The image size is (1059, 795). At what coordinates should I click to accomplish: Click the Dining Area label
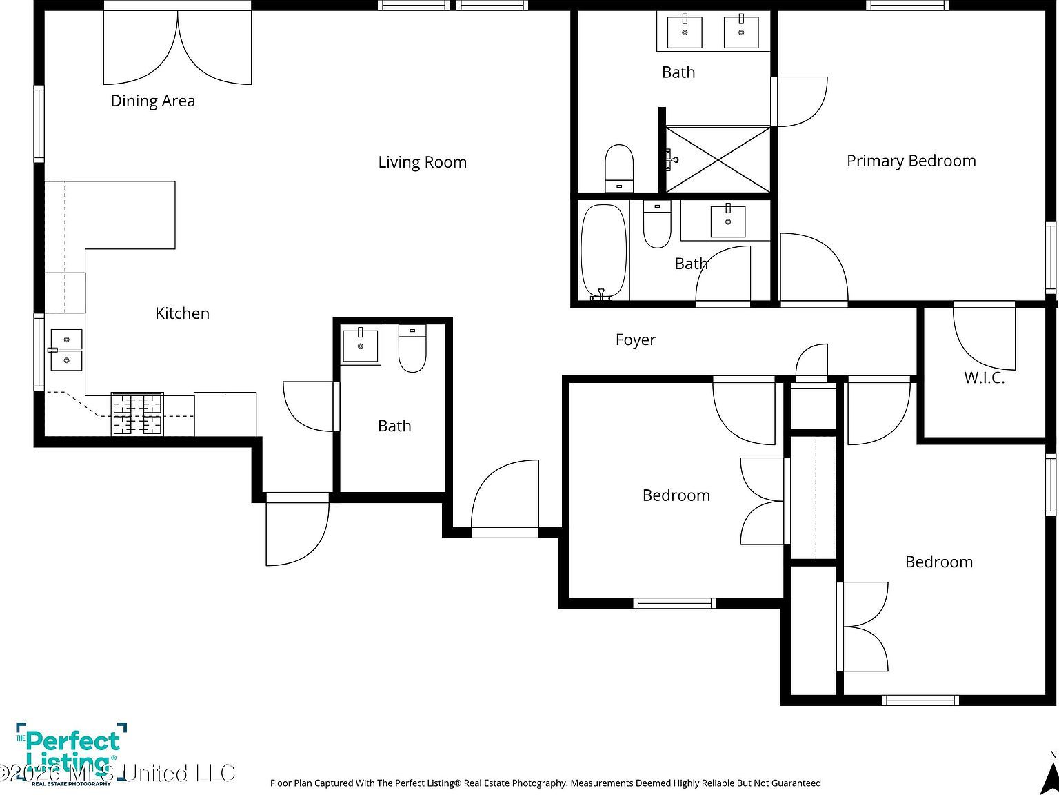[x=153, y=101]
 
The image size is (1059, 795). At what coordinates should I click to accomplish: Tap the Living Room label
[x=422, y=162]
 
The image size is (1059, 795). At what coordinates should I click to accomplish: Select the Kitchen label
[x=182, y=313]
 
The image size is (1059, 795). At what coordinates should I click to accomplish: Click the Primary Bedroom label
[x=911, y=161]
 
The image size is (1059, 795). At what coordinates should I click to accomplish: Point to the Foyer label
[x=635, y=340]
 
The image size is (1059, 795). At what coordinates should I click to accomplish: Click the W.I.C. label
[x=984, y=377]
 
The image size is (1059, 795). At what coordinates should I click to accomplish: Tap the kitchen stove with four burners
[x=138, y=414]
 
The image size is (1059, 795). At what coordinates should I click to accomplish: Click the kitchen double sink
[x=66, y=350]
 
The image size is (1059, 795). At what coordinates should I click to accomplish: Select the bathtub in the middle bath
[x=603, y=252]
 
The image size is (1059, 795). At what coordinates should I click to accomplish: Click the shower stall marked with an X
[x=718, y=159]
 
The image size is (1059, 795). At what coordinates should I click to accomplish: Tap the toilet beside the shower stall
[x=619, y=168]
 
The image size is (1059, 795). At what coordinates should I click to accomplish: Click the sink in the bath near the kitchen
[x=361, y=345]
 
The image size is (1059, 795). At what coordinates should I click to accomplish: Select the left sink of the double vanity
[x=685, y=32]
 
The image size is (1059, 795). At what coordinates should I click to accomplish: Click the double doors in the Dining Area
[x=178, y=48]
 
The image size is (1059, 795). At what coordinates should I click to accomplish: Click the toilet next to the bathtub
[x=657, y=224]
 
